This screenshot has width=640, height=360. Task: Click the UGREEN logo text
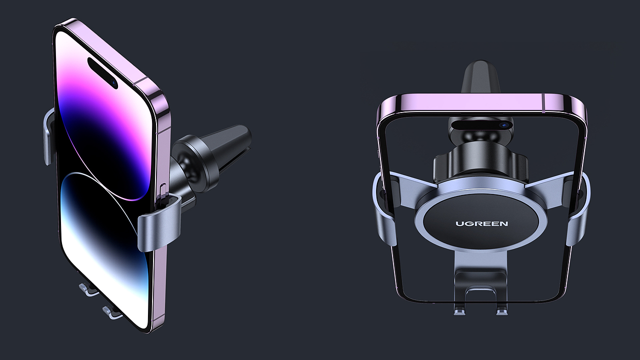pos(481,223)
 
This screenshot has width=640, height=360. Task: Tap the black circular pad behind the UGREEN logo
pos(481,235)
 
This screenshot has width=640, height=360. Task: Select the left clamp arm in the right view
pos(383,210)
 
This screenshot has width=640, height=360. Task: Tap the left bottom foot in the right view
pos(459,310)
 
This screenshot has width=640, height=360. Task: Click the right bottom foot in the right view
pos(501,310)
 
